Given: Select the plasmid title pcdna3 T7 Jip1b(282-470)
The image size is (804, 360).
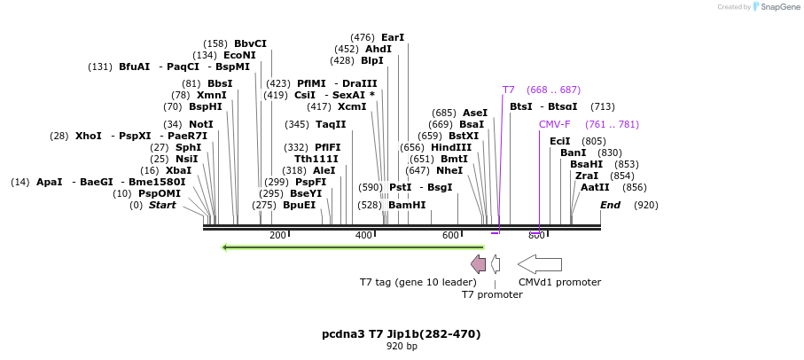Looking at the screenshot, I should [x=401, y=334].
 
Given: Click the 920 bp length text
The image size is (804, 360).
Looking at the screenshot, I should [x=401, y=346].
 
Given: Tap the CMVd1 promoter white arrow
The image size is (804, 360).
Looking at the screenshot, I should [x=540, y=264].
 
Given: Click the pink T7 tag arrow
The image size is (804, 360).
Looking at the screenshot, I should [x=478, y=264].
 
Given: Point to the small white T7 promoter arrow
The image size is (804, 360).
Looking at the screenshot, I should [x=496, y=264].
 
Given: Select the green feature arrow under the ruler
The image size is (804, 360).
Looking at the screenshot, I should [x=353, y=247].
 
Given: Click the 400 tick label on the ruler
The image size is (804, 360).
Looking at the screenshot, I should [x=363, y=235].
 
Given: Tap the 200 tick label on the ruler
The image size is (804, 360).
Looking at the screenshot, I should [x=277, y=235].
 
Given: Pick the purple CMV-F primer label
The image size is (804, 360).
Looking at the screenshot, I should [x=555, y=124].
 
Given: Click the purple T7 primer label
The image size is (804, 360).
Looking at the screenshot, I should [x=508, y=90].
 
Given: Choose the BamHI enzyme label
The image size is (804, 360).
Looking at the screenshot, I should [x=407, y=205].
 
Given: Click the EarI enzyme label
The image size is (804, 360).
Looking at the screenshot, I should [x=393, y=37].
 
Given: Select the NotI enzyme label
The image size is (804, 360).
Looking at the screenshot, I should [x=201, y=124].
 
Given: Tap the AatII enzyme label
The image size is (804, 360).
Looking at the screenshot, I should [x=595, y=187].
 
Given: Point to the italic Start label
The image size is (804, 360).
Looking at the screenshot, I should [x=162, y=205].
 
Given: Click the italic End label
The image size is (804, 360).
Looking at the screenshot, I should [x=610, y=205].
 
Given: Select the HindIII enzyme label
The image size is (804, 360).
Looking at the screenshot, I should [x=451, y=147].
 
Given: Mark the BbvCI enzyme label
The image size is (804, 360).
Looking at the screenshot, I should [x=250, y=43].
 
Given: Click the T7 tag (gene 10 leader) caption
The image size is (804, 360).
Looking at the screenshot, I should [x=418, y=282].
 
